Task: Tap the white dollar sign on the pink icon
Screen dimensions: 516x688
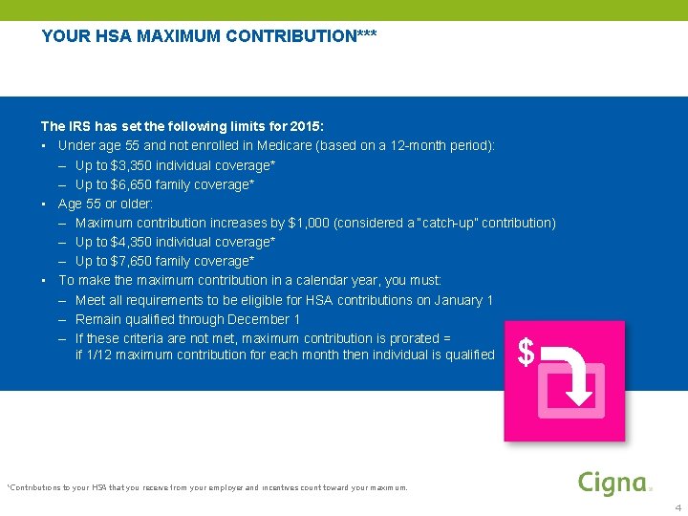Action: [x=526, y=353]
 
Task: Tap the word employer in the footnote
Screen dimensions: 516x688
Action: [x=217, y=487]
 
